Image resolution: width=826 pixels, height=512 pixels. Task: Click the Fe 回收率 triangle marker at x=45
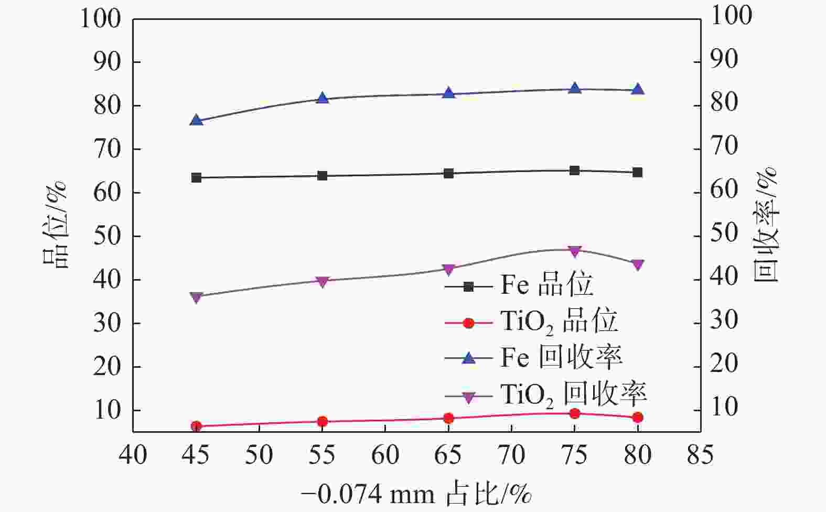click(x=197, y=120)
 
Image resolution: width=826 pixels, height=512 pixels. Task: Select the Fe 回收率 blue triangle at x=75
click(x=575, y=88)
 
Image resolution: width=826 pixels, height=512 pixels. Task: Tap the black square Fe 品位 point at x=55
click(x=323, y=175)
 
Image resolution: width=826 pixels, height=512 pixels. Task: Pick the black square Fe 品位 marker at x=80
click(x=638, y=172)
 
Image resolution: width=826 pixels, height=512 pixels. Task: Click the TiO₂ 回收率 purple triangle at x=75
click(x=575, y=251)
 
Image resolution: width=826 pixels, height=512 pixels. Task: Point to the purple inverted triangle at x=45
click(x=197, y=297)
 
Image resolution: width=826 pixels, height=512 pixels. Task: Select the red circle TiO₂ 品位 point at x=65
click(x=448, y=418)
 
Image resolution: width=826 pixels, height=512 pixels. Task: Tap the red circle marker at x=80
click(x=638, y=418)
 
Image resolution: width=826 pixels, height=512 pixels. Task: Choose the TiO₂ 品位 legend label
click(x=559, y=321)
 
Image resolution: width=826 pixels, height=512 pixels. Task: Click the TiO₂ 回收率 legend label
click(x=574, y=394)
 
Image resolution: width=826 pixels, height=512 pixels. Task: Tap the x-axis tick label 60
click(x=385, y=454)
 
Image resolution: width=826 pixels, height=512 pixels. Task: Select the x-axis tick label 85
click(x=701, y=454)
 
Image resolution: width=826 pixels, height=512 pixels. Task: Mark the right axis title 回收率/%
click(x=765, y=225)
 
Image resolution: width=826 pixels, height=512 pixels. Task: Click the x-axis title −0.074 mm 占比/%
click(x=417, y=494)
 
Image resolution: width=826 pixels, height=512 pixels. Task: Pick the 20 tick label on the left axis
click(x=107, y=367)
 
